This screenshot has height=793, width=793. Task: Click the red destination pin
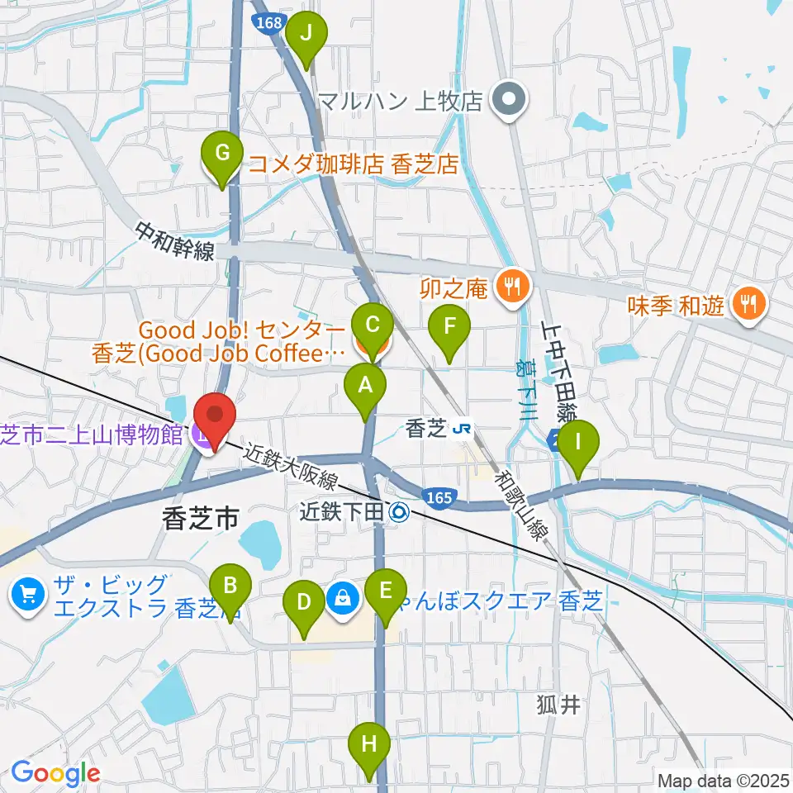[215, 422]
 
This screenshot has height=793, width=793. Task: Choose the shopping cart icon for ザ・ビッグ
[28, 595]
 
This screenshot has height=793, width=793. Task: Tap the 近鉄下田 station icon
[401, 513]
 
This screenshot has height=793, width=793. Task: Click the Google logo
[55, 773]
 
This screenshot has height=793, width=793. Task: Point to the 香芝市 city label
[201, 519]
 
